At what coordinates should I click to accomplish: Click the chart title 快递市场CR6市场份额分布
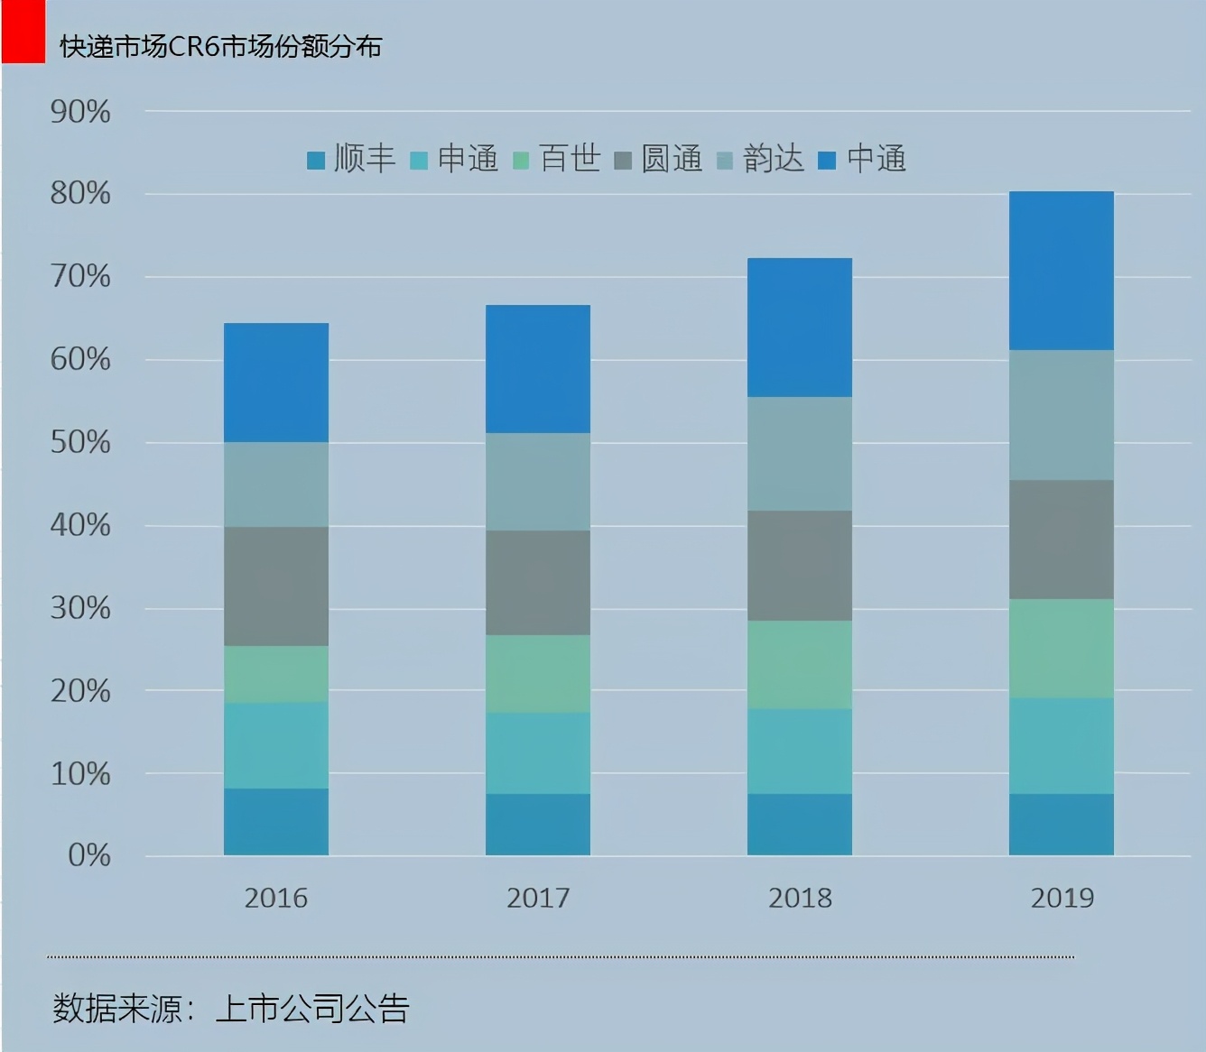point(221,47)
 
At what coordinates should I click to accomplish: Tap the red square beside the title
point(23,32)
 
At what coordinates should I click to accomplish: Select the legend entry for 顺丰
point(352,160)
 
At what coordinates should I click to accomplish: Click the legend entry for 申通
point(455,160)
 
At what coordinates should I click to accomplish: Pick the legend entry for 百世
point(558,160)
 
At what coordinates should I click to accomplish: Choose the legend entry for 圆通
point(659,160)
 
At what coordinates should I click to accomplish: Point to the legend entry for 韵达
point(761,160)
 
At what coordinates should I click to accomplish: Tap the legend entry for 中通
point(863,160)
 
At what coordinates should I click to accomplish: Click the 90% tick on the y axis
point(80,113)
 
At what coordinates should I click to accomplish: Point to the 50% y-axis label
point(80,443)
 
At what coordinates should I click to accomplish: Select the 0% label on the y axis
point(88,855)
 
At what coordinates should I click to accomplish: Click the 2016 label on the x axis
point(276,899)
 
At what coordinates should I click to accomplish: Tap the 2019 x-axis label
point(1062,899)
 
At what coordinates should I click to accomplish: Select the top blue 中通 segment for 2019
point(1062,271)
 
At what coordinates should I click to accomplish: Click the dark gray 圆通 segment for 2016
point(276,586)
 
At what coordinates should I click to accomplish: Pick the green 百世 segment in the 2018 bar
point(800,665)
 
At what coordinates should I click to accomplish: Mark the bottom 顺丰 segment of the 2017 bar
point(538,825)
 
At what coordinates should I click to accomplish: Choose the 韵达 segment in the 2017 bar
point(538,482)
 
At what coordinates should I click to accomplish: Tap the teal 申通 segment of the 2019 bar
point(1062,746)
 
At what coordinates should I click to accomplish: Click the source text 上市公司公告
point(312,1009)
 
